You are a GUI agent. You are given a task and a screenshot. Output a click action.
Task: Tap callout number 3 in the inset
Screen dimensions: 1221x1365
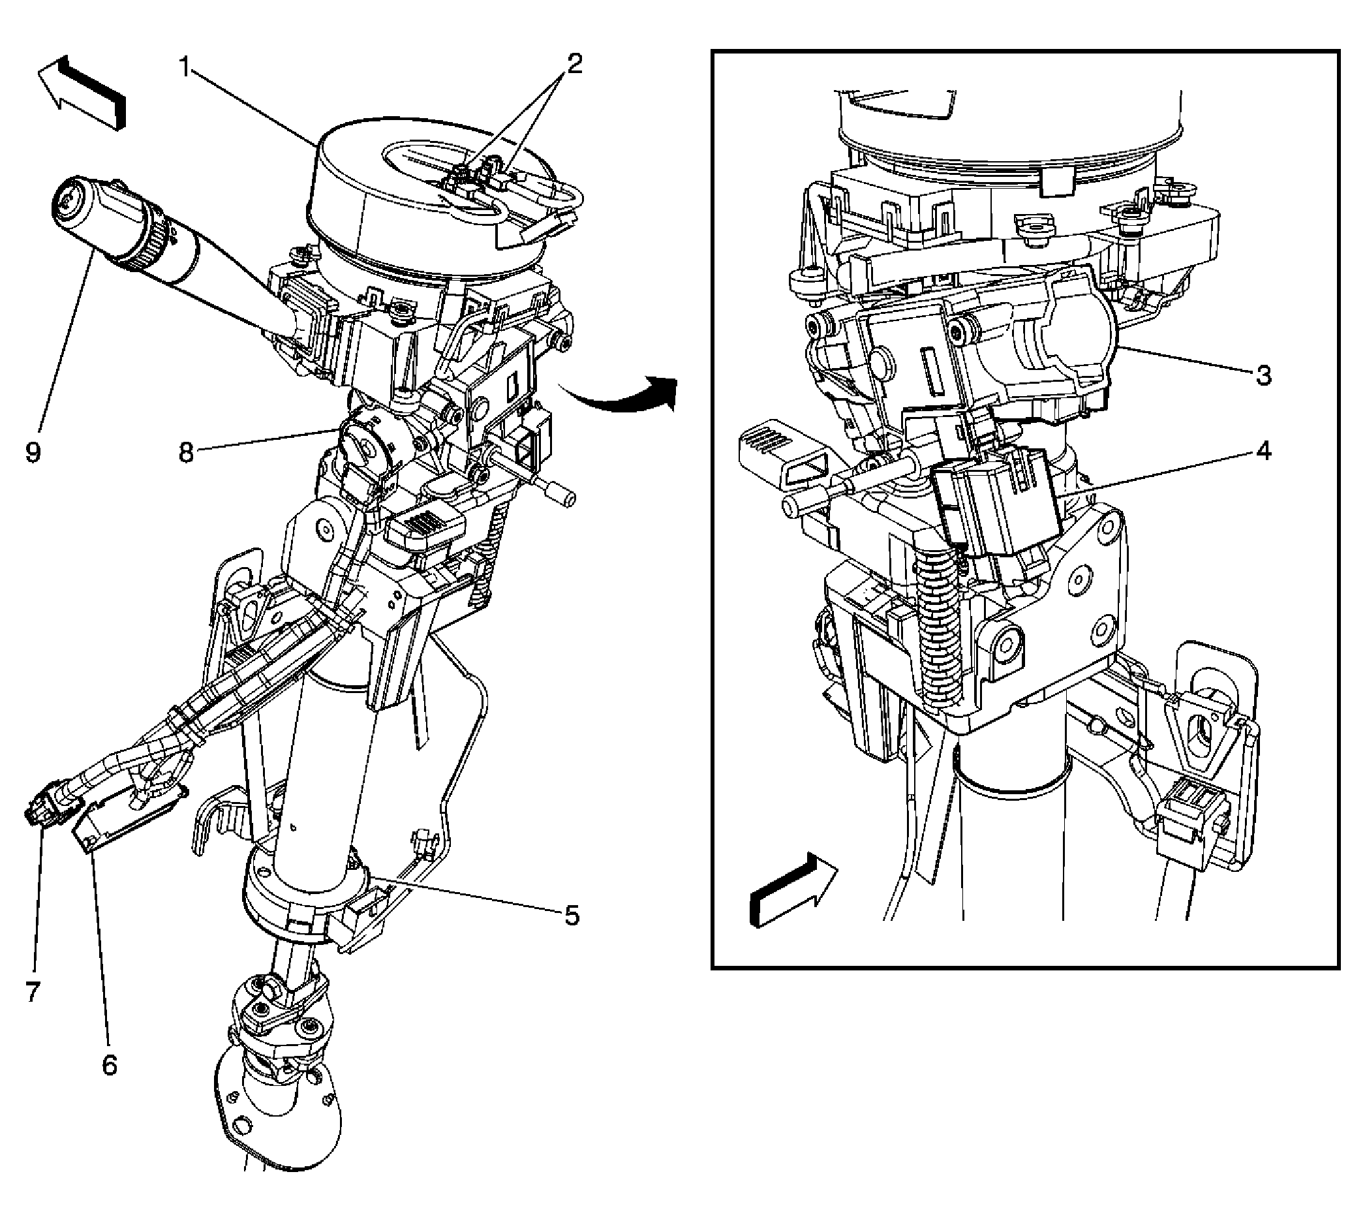coord(1263,376)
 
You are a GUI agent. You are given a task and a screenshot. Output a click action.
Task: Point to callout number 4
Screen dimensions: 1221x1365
coord(1263,452)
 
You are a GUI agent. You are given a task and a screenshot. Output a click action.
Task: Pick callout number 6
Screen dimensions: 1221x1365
coord(110,1064)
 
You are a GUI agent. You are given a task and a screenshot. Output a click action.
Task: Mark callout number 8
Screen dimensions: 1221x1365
coord(186,453)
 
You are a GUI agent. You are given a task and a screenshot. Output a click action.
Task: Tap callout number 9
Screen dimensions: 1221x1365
coord(33,452)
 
